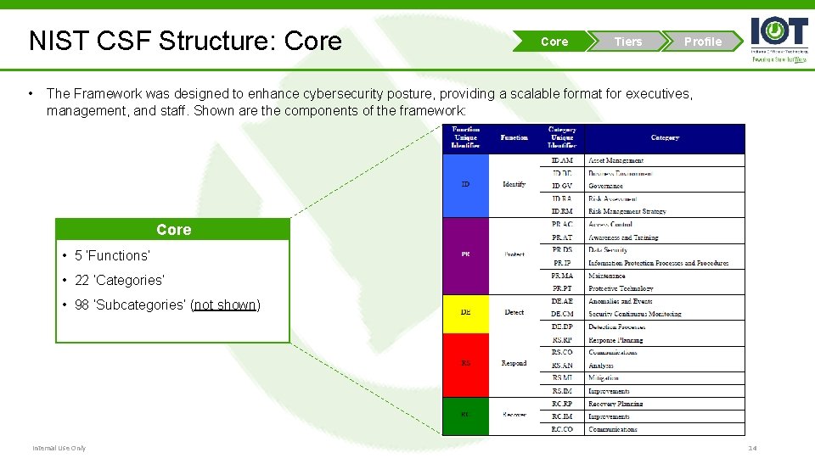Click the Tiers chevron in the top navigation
click(628, 42)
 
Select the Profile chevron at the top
click(702, 42)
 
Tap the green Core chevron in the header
click(554, 42)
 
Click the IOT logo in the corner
click(778, 38)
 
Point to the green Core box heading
click(173, 230)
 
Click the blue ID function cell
click(465, 184)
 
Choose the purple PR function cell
click(465, 254)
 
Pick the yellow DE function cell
click(465, 313)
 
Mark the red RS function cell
click(465, 364)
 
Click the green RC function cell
click(465, 416)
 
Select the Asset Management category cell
click(616, 160)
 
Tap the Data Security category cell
click(608, 250)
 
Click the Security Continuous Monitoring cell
click(635, 314)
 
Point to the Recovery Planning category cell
click(615, 404)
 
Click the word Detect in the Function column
click(514, 313)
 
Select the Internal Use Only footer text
click(59, 448)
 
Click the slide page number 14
click(751, 448)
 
